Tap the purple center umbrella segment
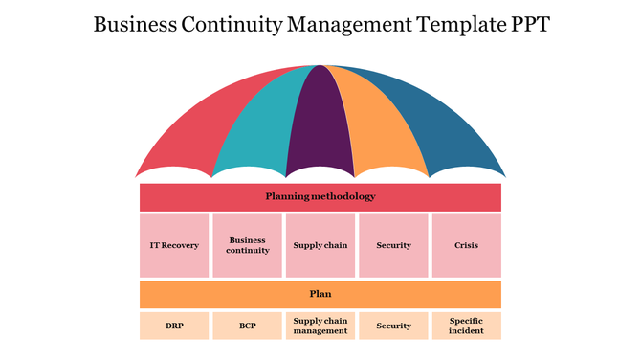[320, 120]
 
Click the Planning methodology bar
[320, 197]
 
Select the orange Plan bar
[320, 294]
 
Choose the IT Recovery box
[174, 245]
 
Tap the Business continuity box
[247, 245]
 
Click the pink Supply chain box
[320, 245]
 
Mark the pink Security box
[393, 245]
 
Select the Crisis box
[467, 245]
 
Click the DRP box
[174, 326]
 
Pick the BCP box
[247, 326]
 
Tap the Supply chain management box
[320, 326]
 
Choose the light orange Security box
[393, 326]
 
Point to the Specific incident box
[467, 326]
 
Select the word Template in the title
[456, 24]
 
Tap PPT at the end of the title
[528, 24]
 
